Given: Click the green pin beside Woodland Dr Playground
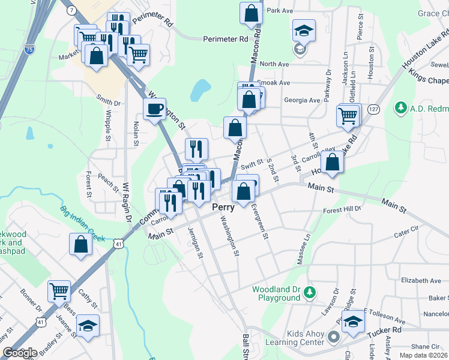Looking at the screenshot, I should point(310,292).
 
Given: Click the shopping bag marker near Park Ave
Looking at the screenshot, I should point(251,13).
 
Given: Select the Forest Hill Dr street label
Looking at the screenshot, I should point(342,210).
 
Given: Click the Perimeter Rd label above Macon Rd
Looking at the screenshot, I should point(225,39).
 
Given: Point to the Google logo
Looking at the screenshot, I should point(20,353).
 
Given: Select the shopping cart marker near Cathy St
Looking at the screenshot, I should point(59,292).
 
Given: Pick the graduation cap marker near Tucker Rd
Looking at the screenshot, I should point(353,322).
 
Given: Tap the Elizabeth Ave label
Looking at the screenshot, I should point(421,280).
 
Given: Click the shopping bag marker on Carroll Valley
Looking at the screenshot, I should point(332,162).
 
